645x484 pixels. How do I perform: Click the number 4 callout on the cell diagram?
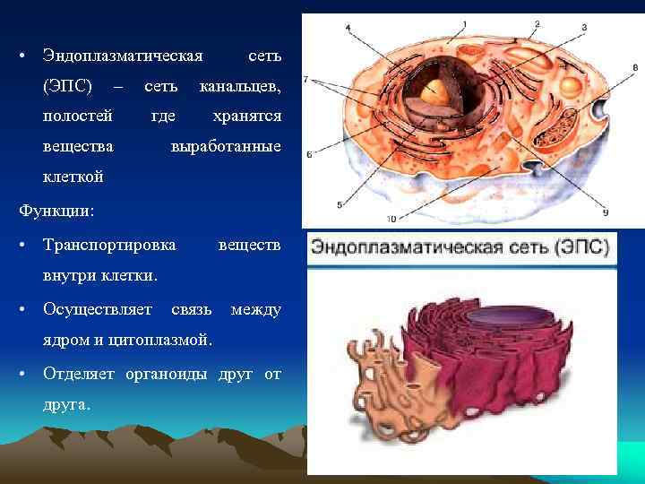pos(348,28)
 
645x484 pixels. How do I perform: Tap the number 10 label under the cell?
pos(391,219)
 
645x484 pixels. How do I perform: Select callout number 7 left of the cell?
pos(306,80)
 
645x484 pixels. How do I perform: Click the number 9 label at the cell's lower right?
pos(606,212)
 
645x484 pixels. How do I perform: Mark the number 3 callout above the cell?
pos(584,28)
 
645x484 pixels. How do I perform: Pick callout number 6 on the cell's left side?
pos(309,154)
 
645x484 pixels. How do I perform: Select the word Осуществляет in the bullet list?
pos(99,309)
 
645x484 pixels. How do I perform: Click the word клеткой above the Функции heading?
pos(73,177)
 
